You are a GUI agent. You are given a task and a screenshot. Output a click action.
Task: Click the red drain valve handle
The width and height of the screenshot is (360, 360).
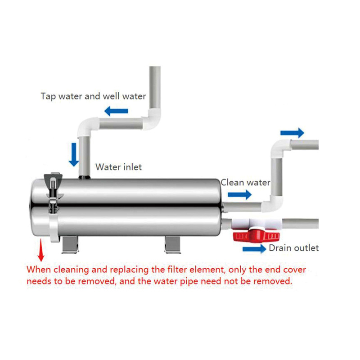click(x=256, y=235)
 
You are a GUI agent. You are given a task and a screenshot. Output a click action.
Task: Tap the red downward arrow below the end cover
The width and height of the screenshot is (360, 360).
click(x=41, y=250)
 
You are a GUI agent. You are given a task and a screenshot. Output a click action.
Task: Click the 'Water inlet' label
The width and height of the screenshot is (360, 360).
click(x=118, y=167)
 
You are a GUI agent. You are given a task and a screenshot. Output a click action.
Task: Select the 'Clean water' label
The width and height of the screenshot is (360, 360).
click(x=245, y=183)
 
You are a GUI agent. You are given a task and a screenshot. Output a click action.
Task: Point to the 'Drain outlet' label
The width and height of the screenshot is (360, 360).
click(x=294, y=248)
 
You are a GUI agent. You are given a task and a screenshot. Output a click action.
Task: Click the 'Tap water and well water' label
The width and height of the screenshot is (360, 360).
click(x=93, y=96)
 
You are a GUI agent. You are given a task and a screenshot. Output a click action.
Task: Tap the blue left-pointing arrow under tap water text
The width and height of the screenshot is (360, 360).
click(x=116, y=111)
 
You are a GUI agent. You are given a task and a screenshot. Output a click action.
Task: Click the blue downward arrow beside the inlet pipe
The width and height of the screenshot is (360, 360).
click(x=74, y=154)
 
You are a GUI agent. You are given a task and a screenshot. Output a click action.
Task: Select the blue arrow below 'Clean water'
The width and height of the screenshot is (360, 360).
click(x=240, y=195)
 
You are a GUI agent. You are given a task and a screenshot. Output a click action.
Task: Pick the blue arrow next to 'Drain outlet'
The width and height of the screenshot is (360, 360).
click(x=254, y=249)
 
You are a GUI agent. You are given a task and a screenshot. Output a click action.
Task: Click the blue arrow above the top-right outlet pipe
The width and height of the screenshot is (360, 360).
click(x=292, y=133)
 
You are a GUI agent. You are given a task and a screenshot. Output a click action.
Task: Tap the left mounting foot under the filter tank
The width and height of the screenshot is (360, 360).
click(x=70, y=245)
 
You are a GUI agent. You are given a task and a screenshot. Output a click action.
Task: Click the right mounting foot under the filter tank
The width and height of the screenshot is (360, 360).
click(x=173, y=245)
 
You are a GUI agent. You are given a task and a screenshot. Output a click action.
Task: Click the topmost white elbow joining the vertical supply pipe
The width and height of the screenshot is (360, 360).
click(x=152, y=119)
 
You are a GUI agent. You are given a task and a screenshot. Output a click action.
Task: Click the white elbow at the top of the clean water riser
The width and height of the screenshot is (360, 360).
click(x=280, y=148)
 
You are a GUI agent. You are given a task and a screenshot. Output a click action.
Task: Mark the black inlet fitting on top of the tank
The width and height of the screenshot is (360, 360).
click(x=85, y=177)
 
